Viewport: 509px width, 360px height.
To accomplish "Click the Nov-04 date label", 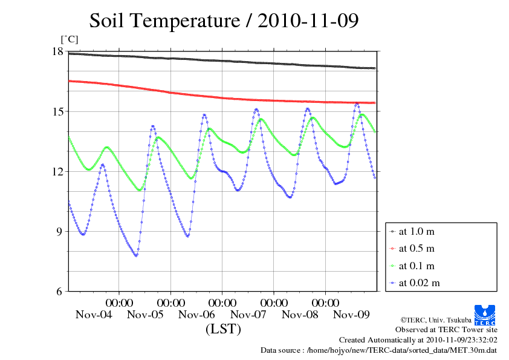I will pyautogui.click(x=94, y=315).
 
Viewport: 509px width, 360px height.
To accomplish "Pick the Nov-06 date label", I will pyautogui.click(x=196, y=315).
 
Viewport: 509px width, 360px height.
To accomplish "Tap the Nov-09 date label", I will pyautogui.click(x=352, y=315).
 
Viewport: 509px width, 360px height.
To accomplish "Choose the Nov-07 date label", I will pyautogui.click(x=248, y=315).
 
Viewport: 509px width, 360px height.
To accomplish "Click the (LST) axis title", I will pyautogui.click(x=223, y=330).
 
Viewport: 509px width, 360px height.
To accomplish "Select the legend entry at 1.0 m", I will pyautogui.click(x=417, y=231).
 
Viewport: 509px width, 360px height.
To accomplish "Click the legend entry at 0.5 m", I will pyautogui.click(x=417, y=249).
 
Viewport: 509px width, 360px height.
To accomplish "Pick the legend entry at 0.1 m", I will pyautogui.click(x=417, y=266).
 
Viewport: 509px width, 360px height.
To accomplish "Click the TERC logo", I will pyautogui.click(x=485, y=313).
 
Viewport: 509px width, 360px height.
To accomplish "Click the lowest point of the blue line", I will pyautogui.click(x=136, y=255).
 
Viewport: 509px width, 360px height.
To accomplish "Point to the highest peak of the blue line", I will pyautogui.click(x=357, y=104).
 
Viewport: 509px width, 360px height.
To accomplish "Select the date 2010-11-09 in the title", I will pyautogui.click(x=308, y=21).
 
